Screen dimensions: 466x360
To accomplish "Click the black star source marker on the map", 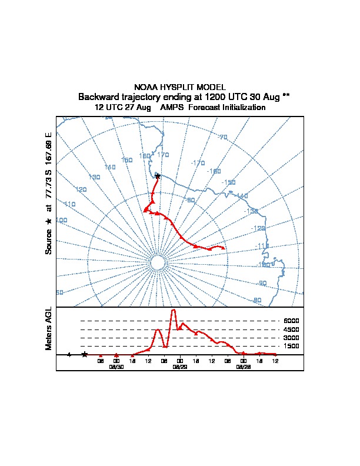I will pyautogui.click(x=157, y=176).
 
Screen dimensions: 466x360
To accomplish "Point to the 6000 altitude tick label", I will pyautogui.click(x=292, y=321).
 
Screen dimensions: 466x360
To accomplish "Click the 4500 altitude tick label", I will pyautogui.click(x=292, y=329).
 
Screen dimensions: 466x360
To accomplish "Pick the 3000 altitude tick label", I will pyautogui.click(x=292, y=338).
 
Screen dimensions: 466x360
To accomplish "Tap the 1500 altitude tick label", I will pyautogui.click(x=292, y=347).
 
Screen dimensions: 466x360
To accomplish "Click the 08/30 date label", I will pyautogui.click(x=116, y=367).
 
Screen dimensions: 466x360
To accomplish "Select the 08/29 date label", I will pyautogui.click(x=179, y=367).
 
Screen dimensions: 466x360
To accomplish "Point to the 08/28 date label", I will pyautogui.click(x=243, y=367).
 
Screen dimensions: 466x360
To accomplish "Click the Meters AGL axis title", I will pyautogui.click(x=49, y=329).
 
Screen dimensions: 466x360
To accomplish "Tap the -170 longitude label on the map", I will pyautogui.click(x=198, y=162).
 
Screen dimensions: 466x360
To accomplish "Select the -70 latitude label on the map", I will pyautogui.click(x=222, y=137).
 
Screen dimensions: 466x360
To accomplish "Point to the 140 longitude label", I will pyautogui.click(x=110, y=167).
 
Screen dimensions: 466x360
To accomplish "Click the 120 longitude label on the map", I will pyautogui.click(x=81, y=189).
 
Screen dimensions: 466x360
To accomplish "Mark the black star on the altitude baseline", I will pyautogui.click(x=85, y=354).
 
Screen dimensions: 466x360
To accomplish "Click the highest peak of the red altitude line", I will pyautogui.click(x=174, y=309).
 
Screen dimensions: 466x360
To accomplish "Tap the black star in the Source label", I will pyautogui.click(x=49, y=221).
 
